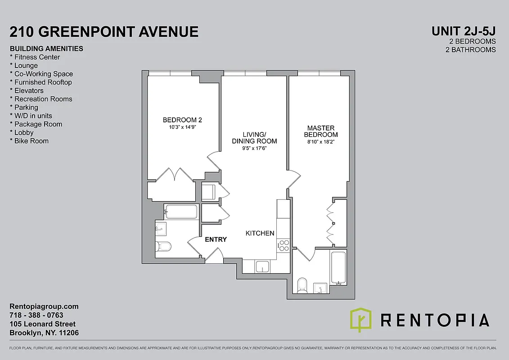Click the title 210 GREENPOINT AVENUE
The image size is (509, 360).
coord(104,31)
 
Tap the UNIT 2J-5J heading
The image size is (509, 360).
coord(464,31)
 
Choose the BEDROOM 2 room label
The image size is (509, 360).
coord(182,120)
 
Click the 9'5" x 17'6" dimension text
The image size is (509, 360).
coord(254,148)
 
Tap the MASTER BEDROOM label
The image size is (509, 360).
coord(321,131)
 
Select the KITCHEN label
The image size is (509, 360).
coord(260,233)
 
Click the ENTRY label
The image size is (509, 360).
coord(216,239)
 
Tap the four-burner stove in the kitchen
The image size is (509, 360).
coord(284,245)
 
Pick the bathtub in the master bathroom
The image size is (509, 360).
coord(338,268)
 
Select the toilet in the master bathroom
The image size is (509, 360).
coord(302,284)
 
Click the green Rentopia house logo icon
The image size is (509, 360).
coord(361,319)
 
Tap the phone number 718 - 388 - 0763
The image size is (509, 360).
coord(36,315)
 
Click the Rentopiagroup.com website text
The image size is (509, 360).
coord(44,306)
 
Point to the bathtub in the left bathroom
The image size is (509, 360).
coord(181,211)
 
